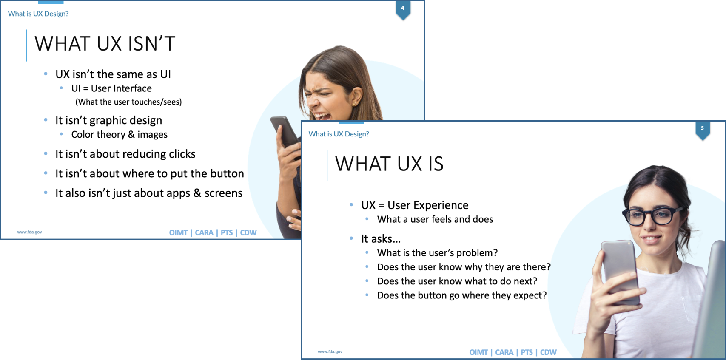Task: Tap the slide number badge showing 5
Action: [702, 129]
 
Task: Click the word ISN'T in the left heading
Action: [145, 44]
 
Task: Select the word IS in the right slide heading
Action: [436, 164]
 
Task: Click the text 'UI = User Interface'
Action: [111, 88]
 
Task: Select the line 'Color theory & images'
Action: [119, 134]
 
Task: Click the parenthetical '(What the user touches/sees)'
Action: [128, 102]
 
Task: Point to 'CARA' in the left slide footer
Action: [204, 232]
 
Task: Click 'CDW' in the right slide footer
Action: [548, 352]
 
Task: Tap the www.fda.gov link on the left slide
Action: [29, 232]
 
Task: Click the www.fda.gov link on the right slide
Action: [330, 352]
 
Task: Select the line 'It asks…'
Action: [381, 239]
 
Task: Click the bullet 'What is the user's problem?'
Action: [437, 253]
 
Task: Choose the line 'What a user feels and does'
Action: [435, 219]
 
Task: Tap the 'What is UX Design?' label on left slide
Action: [38, 14]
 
